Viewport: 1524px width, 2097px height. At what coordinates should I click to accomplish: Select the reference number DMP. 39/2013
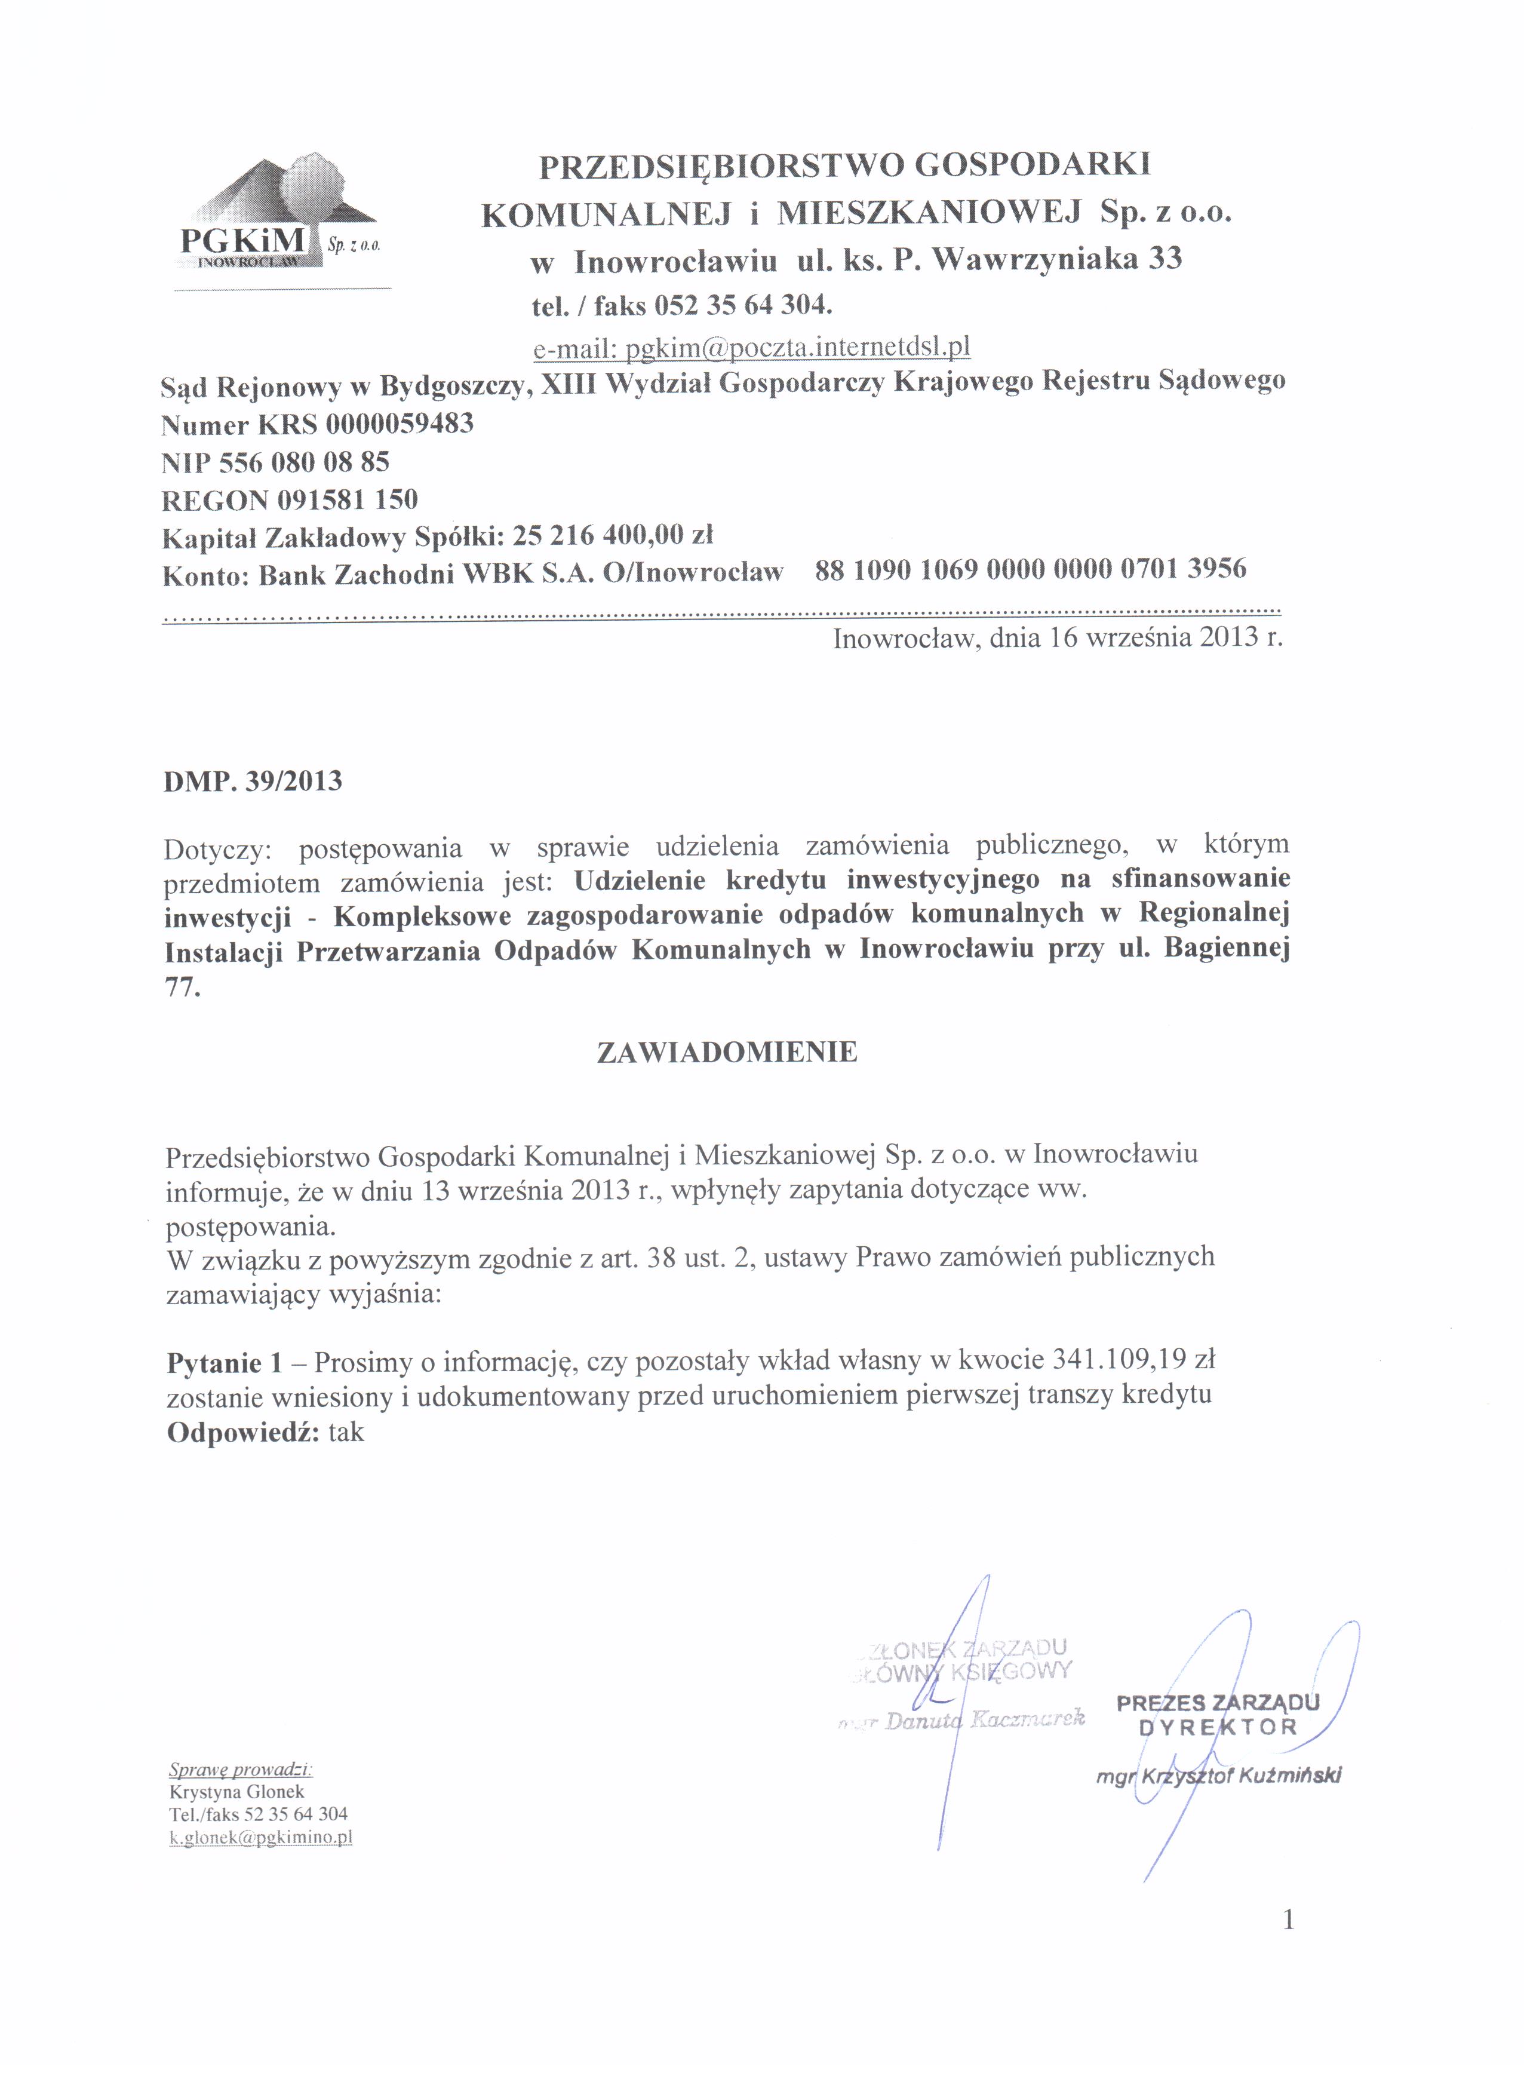pyautogui.click(x=252, y=781)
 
